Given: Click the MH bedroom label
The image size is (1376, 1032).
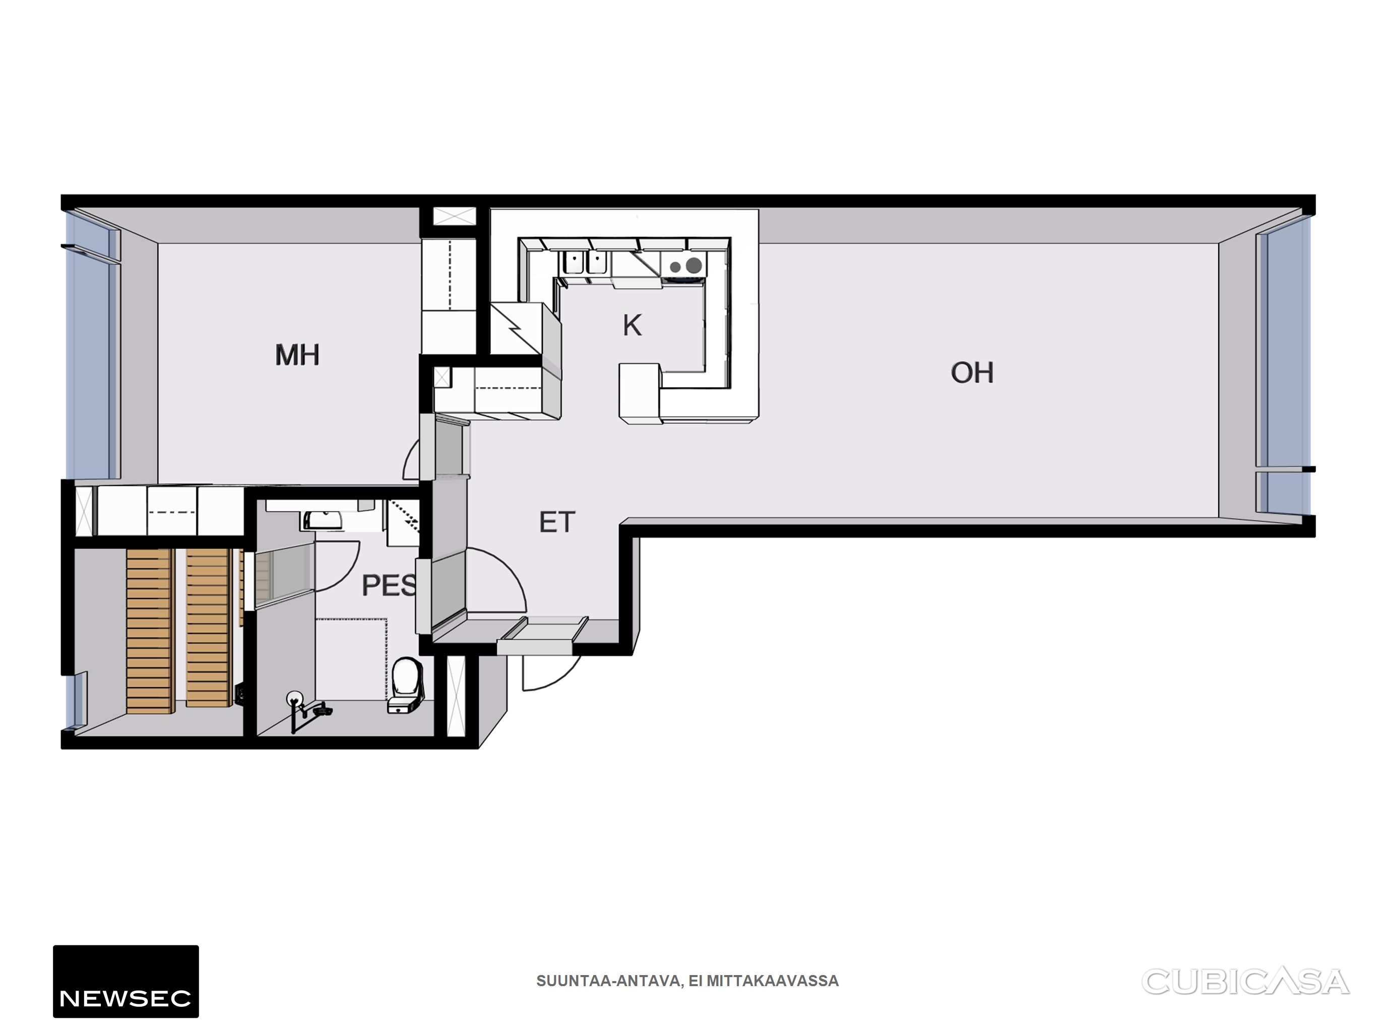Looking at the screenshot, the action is [297, 355].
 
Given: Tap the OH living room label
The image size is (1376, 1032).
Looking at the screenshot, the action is [972, 372].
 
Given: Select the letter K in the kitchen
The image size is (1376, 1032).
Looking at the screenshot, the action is [632, 326].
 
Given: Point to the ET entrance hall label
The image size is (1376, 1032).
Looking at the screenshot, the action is [557, 522].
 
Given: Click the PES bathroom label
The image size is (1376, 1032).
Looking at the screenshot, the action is [389, 586].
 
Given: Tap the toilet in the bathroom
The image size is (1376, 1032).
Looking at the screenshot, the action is [406, 685].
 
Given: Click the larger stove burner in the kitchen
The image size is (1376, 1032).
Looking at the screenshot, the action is [694, 266].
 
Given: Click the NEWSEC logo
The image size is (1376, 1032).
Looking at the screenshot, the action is [126, 982].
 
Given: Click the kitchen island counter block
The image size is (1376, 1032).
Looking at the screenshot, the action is [640, 394].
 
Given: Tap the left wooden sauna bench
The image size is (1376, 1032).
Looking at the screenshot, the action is [149, 631].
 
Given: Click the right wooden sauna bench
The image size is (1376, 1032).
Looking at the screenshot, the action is [208, 628].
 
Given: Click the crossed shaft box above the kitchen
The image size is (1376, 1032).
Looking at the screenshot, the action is [454, 217].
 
